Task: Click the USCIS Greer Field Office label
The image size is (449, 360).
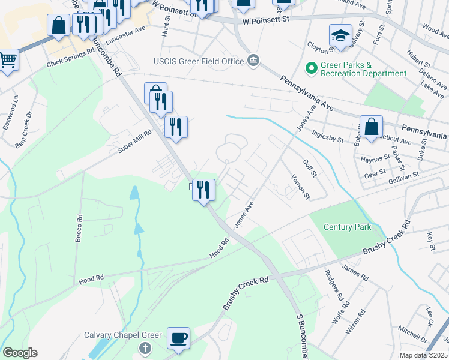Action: pyautogui.click(x=199, y=61)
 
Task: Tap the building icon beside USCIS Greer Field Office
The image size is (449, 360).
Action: pyautogui.click(x=253, y=61)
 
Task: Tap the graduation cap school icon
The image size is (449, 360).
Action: pyautogui.click(x=340, y=35)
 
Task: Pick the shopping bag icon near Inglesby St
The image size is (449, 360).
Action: pyautogui.click(x=371, y=127)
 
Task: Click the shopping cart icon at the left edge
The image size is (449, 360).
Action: pyautogui.click(x=8, y=59)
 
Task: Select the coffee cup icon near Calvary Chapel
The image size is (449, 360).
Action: pyautogui.click(x=178, y=338)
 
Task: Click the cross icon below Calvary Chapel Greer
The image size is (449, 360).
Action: pyautogui.click(x=144, y=348)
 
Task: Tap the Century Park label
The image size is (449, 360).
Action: pyautogui.click(x=348, y=227)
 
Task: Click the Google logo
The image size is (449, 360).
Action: pyautogui.click(x=20, y=352)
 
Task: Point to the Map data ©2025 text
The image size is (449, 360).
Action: pyautogui.click(x=423, y=355)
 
